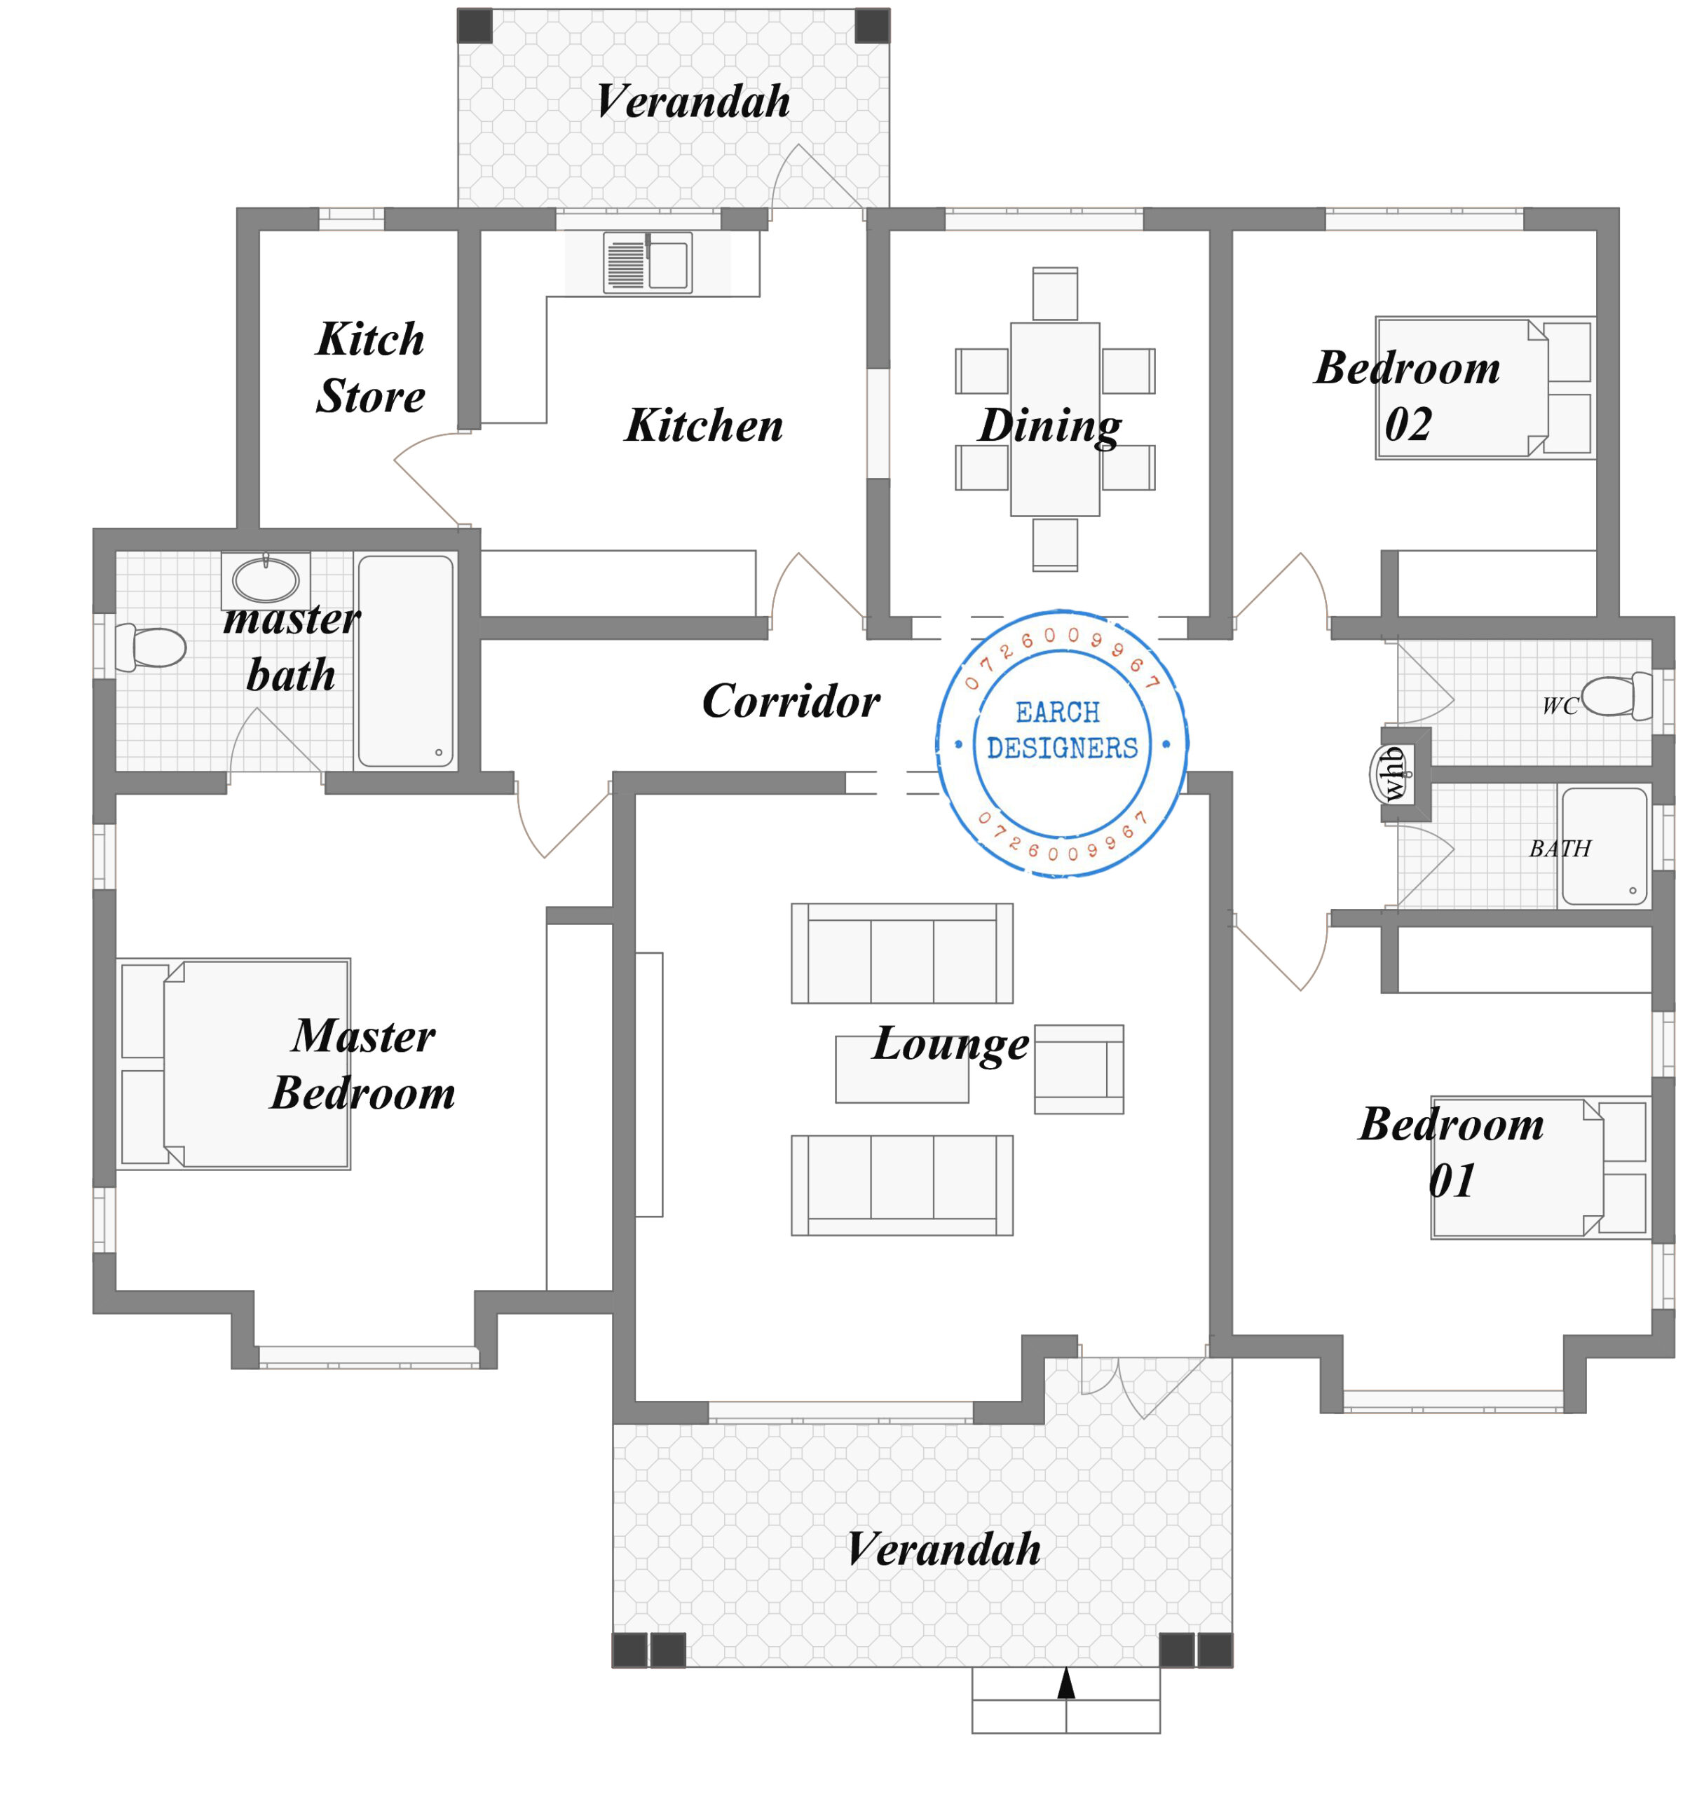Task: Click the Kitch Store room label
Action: pos(370,367)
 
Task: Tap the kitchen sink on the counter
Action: pos(647,263)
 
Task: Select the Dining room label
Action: pos(1049,425)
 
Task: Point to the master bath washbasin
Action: pos(265,580)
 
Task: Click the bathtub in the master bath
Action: pos(405,661)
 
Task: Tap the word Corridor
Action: pos(791,701)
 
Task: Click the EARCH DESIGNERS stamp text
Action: pos(1061,731)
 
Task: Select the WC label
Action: pos(1558,706)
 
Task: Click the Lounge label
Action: pos(950,1044)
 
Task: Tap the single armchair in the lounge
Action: pos(1077,1069)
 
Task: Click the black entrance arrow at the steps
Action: pos(1065,1683)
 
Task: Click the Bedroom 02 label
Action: pos(1407,395)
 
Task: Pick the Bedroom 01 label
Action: pos(1451,1152)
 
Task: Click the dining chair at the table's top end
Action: pos(1055,294)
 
